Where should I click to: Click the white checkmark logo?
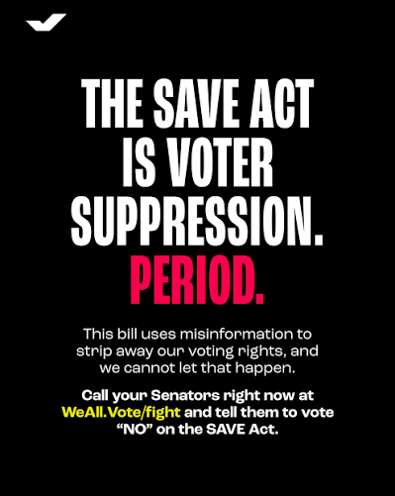pyautogui.click(x=46, y=21)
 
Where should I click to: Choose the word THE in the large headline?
pyautogui.click(x=111, y=103)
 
